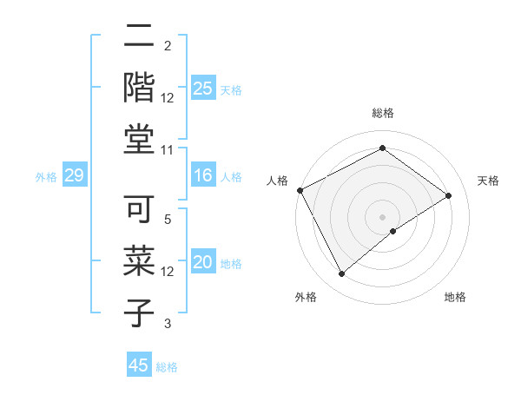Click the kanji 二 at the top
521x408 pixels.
(140, 36)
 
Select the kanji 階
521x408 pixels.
(140, 87)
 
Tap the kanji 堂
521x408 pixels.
(140, 139)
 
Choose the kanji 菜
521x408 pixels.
(140, 261)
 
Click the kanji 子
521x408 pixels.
(140, 313)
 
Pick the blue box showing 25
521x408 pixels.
(202, 89)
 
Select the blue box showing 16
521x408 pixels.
(202, 176)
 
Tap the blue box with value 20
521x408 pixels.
(202, 263)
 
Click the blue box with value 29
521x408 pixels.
(74, 176)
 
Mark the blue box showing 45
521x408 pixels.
(139, 365)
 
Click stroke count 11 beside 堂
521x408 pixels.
(168, 150)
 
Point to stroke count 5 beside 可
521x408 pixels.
(168, 220)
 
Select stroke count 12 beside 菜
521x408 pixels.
(168, 272)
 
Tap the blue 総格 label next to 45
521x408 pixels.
(167, 367)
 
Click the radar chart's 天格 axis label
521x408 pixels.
(488, 181)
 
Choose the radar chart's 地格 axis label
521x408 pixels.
(455, 297)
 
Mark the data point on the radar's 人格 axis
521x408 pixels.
(300, 190)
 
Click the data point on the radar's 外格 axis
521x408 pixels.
(342, 274)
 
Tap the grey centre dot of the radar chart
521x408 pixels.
(382, 216)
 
